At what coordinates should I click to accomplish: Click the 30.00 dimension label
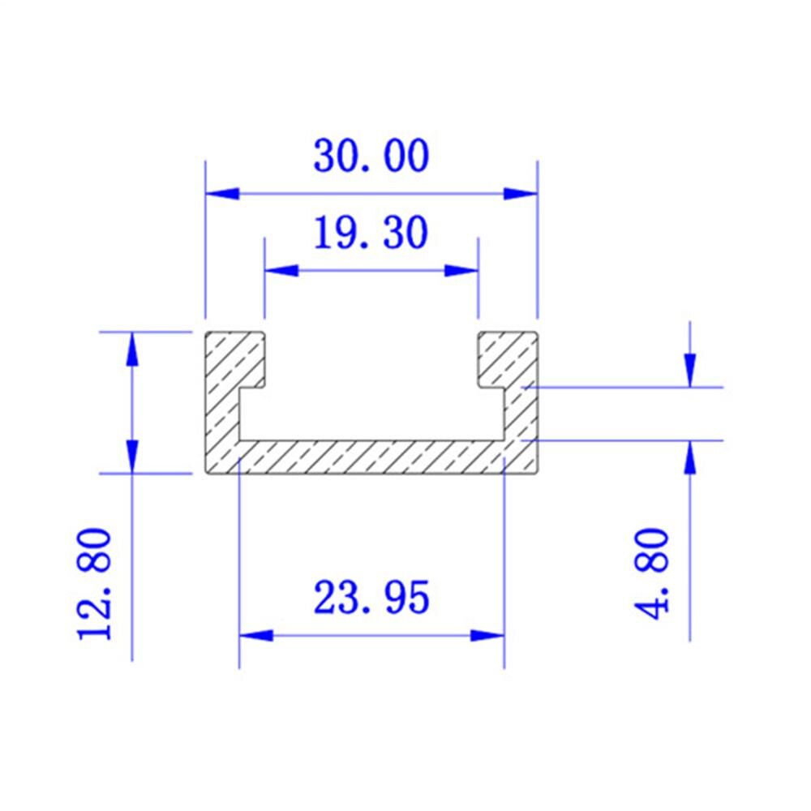click(371, 157)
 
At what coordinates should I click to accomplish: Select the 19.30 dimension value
click(371, 234)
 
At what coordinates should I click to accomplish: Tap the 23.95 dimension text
click(371, 599)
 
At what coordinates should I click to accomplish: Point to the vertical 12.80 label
click(95, 584)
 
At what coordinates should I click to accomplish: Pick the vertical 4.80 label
click(654, 573)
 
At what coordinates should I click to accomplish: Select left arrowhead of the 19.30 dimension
click(281, 271)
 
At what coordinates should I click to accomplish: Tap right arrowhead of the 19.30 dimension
click(461, 271)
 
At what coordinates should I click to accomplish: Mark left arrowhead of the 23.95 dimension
click(255, 635)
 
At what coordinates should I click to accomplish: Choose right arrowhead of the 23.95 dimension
click(487, 635)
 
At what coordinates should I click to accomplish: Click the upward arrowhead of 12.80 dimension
click(131, 349)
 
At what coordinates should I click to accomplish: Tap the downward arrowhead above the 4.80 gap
click(689, 370)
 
